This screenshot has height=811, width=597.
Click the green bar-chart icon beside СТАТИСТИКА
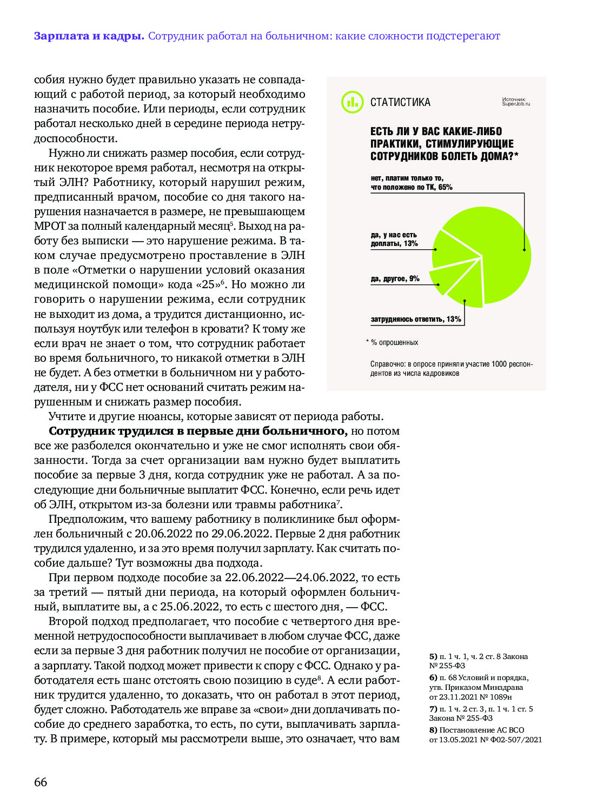click(352, 102)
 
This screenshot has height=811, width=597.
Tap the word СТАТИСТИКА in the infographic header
click(400, 102)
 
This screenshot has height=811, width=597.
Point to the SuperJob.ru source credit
click(516, 102)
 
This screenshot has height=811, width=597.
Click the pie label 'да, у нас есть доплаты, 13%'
click(394, 239)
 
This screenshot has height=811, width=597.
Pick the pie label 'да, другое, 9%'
click(395, 279)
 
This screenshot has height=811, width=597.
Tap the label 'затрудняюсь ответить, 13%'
click(415, 320)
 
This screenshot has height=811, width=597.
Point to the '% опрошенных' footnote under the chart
click(394, 343)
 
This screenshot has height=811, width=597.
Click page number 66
click(41, 782)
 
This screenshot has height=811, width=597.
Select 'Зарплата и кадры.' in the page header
click(89, 36)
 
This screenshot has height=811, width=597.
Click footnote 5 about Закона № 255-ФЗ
click(478, 661)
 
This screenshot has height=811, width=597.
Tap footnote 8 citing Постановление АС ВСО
click(485, 735)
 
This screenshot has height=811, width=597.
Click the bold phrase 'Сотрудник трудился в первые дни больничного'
click(197, 431)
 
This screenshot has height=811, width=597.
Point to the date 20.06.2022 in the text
click(163, 534)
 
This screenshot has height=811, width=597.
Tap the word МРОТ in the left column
click(50, 226)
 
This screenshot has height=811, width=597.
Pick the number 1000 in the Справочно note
click(499, 364)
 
